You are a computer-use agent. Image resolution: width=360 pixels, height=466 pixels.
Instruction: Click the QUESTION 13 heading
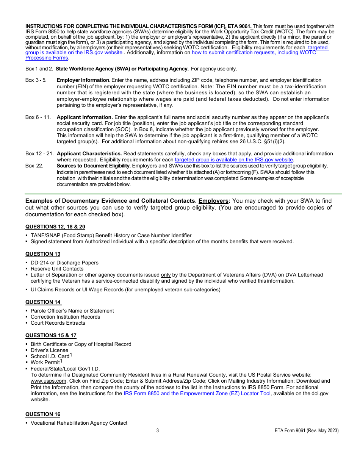coord(43,254)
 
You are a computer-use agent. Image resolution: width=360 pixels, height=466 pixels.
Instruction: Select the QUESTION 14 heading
coord(43,302)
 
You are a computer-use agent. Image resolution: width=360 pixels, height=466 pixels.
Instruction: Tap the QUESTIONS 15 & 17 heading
coord(51,335)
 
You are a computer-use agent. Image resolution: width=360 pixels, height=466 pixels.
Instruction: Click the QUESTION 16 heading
coord(43,414)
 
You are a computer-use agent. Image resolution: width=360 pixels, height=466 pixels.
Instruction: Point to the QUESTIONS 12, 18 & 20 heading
coord(55,227)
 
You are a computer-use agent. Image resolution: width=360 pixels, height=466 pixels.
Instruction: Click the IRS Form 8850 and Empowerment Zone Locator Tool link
coord(197,393)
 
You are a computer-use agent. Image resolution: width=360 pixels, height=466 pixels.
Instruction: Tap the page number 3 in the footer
coord(158,431)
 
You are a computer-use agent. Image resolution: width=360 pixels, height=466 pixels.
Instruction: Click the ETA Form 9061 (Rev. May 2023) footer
coord(307,431)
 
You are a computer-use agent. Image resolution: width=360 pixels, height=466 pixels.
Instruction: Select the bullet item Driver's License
coord(49,350)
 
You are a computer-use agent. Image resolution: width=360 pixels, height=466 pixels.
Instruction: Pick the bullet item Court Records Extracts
coord(58,323)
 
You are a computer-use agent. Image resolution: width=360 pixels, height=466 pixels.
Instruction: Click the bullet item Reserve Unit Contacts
coord(57,269)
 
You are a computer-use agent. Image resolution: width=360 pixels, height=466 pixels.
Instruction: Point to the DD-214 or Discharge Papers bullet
coord(64,263)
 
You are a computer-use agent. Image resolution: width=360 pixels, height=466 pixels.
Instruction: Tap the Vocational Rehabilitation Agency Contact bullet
coord(79,423)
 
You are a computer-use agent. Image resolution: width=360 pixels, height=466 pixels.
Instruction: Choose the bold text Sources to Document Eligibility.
coord(94,166)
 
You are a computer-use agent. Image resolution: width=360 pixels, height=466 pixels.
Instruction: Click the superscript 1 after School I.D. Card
coord(71,355)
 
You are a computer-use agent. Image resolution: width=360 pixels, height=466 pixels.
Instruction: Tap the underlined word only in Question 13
coord(166,275)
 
